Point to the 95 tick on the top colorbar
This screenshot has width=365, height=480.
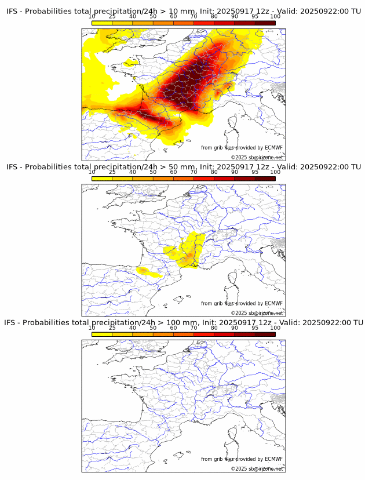pos(255,16)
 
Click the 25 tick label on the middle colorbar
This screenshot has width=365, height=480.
pos(112,172)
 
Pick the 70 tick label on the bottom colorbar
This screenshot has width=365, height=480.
pos(194,328)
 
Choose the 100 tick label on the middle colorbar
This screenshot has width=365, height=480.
pos(275,172)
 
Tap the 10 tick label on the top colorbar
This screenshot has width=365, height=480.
pos(92,16)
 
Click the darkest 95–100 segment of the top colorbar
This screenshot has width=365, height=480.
pos(265,23)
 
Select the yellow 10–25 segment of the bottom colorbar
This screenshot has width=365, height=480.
pos(102,334)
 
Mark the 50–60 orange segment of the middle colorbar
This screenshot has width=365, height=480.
pos(163,179)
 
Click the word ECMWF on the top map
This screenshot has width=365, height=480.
pos(273,148)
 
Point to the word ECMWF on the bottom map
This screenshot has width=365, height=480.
pos(273,459)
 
